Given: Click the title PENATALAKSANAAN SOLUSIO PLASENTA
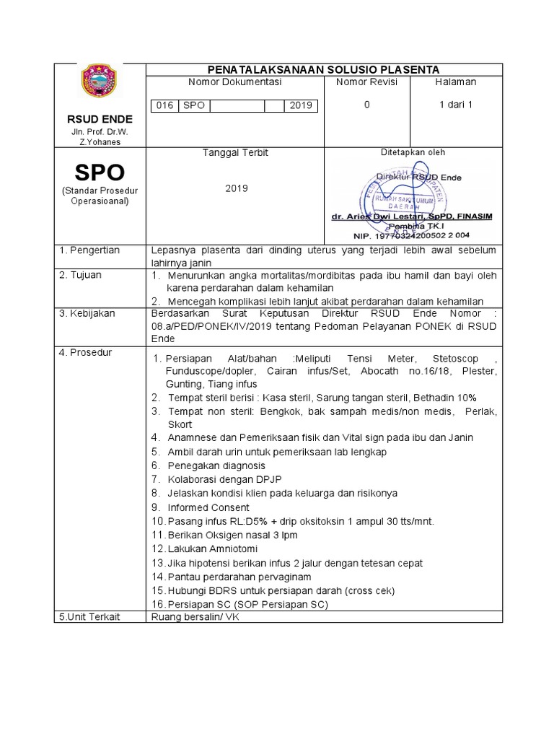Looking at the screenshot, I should pos(323,69).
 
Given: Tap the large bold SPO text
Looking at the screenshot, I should pos(100,172).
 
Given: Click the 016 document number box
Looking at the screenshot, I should pos(165,105).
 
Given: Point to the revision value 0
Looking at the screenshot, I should pos(366,105).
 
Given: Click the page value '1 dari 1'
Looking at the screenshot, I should pos(455,105).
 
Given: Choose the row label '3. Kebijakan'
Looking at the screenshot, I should pos(89,314).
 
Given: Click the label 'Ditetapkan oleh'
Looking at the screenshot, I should pos(413,152).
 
